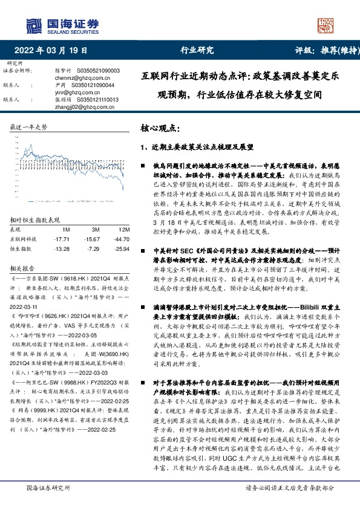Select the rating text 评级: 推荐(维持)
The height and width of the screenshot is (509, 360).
pos(321,50)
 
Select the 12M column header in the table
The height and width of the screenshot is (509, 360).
pos(107,230)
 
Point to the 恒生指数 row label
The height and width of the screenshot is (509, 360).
pos(22,248)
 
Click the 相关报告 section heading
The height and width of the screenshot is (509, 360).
pos(22,267)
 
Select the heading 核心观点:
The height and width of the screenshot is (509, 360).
pos(160,129)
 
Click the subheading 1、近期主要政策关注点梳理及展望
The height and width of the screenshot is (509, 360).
pos(197,147)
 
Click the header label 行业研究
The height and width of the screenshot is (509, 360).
pos(197,50)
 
